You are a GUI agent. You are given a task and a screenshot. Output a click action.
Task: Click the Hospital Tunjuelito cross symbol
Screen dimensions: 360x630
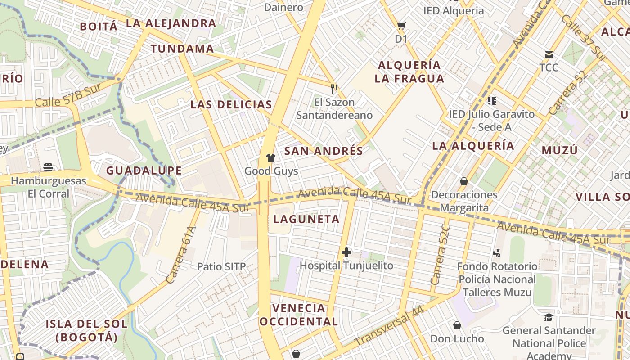click(x=346, y=252)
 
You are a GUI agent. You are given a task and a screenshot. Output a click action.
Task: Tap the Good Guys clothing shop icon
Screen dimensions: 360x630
click(x=271, y=157)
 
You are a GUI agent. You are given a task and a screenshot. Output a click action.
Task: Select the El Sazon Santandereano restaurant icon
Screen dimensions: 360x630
click(x=334, y=89)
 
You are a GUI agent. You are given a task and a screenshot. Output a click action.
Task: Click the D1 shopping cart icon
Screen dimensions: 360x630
click(x=401, y=26)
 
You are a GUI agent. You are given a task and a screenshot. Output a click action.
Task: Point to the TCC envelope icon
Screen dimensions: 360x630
click(x=549, y=55)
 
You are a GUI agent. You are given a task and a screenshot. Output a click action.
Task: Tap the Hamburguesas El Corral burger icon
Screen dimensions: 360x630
click(x=49, y=167)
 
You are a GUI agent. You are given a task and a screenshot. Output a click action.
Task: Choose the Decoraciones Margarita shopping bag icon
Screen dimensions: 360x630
click(x=464, y=181)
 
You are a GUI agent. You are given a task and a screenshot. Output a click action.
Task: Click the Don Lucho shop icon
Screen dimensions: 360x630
click(x=457, y=325)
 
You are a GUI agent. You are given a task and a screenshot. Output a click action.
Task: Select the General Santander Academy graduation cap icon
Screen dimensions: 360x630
click(x=549, y=317)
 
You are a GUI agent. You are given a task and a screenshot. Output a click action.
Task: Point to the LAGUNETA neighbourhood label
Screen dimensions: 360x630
click(x=306, y=219)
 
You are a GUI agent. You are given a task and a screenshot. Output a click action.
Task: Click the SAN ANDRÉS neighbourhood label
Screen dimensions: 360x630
click(x=324, y=151)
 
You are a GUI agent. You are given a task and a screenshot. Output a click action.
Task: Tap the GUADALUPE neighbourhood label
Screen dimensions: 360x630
click(x=144, y=171)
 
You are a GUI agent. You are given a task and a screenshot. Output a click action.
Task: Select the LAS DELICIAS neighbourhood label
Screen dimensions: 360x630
click(x=231, y=105)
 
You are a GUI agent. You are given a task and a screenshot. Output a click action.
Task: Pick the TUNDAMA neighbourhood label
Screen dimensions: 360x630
click(x=182, y=49)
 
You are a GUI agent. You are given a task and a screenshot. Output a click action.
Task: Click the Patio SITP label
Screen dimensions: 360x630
click(x=221, y=266)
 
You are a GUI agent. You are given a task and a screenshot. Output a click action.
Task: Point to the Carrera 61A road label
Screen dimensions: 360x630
click(x=181, y=255)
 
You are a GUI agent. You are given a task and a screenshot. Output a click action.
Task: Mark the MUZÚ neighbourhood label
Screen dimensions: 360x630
click(x=559, y=150)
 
